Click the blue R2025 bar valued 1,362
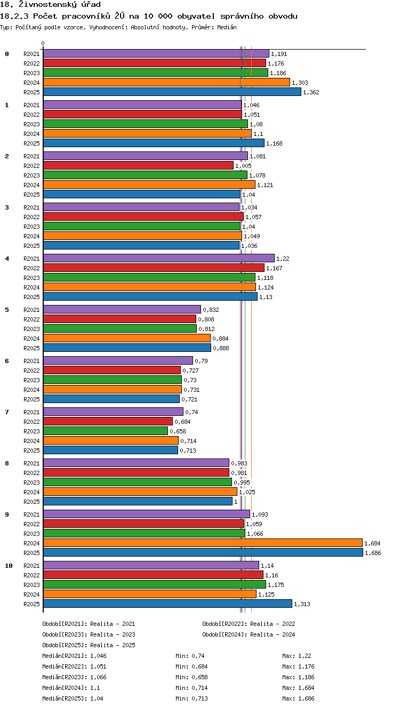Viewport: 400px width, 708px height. click(172, 92)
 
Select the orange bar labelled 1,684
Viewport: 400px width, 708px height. click(203, 543)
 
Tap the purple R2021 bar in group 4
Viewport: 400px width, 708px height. click(159, 258)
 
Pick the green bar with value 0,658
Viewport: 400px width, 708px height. click(106, 431)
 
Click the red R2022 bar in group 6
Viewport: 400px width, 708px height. click(112, 370)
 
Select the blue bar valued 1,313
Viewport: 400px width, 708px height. click(167, 604)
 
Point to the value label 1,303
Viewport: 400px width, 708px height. click(300, 83)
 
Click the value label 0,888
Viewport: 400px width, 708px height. click(221, 348)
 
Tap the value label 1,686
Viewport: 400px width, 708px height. click(373, 553)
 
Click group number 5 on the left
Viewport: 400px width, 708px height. click(7, 310)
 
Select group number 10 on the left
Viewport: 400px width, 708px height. click(9, 566)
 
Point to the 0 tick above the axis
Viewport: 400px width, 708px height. click(43, 43)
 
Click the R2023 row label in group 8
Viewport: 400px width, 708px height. click(31, 482)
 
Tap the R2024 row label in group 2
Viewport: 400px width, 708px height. click(31, 185)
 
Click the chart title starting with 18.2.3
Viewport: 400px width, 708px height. click(149, 16)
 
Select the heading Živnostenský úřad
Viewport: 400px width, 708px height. click(60, 4)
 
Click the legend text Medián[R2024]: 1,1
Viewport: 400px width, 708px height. click(71, 688)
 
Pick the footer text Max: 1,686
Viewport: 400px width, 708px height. click(298, 698)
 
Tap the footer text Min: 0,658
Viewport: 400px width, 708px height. click(191, 677)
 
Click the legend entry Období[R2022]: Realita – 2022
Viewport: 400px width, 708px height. click(249, 624)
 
